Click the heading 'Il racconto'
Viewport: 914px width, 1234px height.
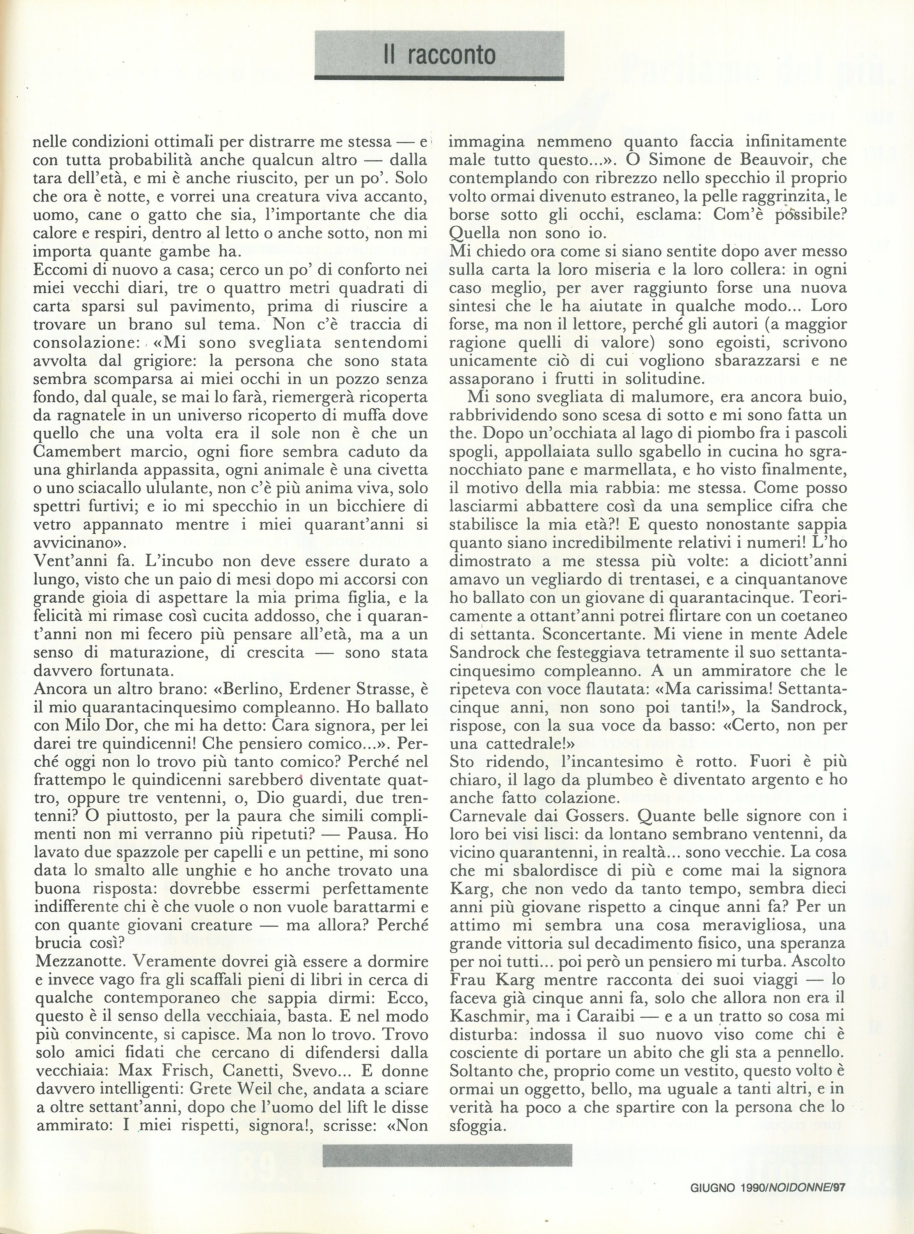440,55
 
